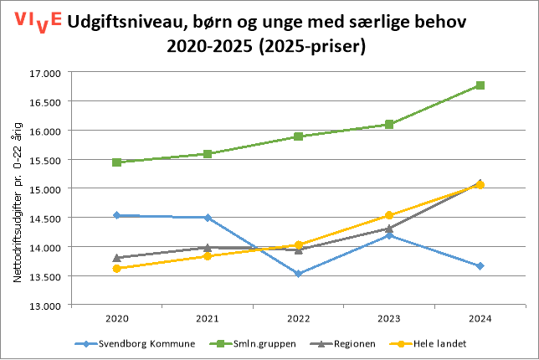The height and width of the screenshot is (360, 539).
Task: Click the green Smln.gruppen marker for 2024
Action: [x=480, y=85]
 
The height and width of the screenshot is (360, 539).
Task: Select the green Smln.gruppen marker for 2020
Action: [x=117, y=162]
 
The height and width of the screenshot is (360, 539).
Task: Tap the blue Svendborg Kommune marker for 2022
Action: [x=299, y=274]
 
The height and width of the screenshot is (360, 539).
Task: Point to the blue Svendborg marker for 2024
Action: [x=480, y=266]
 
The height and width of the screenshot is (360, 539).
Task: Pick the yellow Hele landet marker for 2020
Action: [x=117, y=269]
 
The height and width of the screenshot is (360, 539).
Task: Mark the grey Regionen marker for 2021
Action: [x=208, y=247]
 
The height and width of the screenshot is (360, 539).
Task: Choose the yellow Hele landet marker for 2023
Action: [x=389, y=215]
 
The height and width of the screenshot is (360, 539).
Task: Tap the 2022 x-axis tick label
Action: [x=299, y=319]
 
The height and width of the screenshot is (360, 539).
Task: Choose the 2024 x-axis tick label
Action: [x=480, y=319]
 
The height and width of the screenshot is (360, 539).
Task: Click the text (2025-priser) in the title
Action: [x=316, y=47]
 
